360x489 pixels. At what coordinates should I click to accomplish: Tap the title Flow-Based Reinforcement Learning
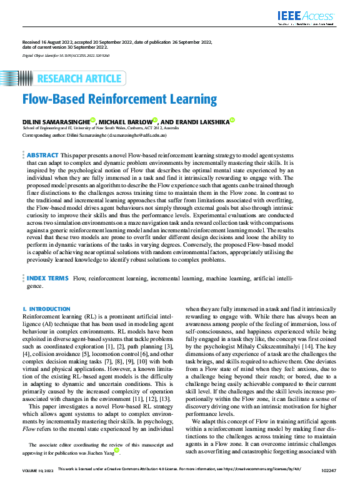coord(119,99)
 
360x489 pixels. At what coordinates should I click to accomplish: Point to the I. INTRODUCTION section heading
coord(46,309)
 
